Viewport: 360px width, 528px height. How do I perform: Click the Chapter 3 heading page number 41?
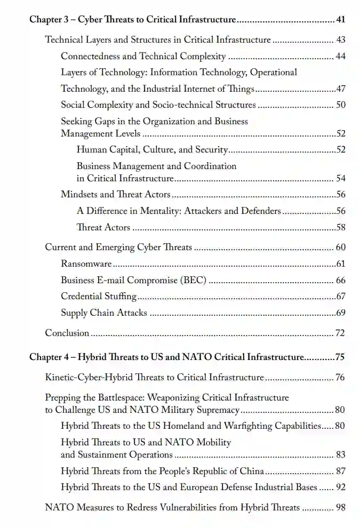point(341,20)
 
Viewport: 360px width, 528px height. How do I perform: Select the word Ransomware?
point(86,264)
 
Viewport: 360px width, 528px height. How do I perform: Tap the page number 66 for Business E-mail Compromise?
point(341,281)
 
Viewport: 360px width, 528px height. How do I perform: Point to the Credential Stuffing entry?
point(99,297)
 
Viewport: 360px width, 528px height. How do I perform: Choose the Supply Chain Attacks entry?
point(104,313)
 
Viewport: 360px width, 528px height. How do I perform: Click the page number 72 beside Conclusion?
point(340,333)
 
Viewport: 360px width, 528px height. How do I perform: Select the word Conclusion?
point(67,333)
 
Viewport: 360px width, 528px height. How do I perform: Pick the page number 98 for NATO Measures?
point(340,507)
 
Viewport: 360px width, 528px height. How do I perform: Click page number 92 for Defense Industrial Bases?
point(340,487)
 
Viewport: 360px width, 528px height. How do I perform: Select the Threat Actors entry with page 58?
point(103,228)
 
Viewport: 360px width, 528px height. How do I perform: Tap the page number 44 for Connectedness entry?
point(341,57)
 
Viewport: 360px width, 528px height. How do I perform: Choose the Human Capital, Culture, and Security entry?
point(153,150)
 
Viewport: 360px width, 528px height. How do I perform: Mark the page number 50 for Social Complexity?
point(341,105)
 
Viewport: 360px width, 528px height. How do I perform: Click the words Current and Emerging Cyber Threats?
point(118,247)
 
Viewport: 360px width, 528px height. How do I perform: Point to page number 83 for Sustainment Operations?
point(340,455)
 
